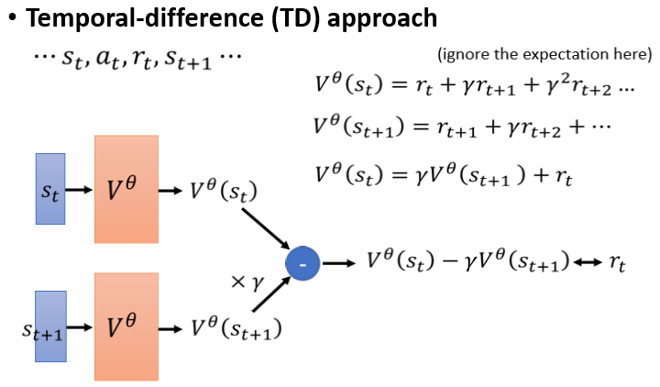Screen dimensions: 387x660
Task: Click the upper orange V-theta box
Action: (x=126, y=189)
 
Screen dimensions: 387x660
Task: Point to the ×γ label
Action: (x=248, y=284)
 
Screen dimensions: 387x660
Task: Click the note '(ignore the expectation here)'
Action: (x=545, y=54)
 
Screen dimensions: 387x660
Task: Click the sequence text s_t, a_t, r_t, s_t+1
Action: (x=136, y=59)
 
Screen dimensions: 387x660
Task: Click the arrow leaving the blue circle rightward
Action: (x=338, y=264)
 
